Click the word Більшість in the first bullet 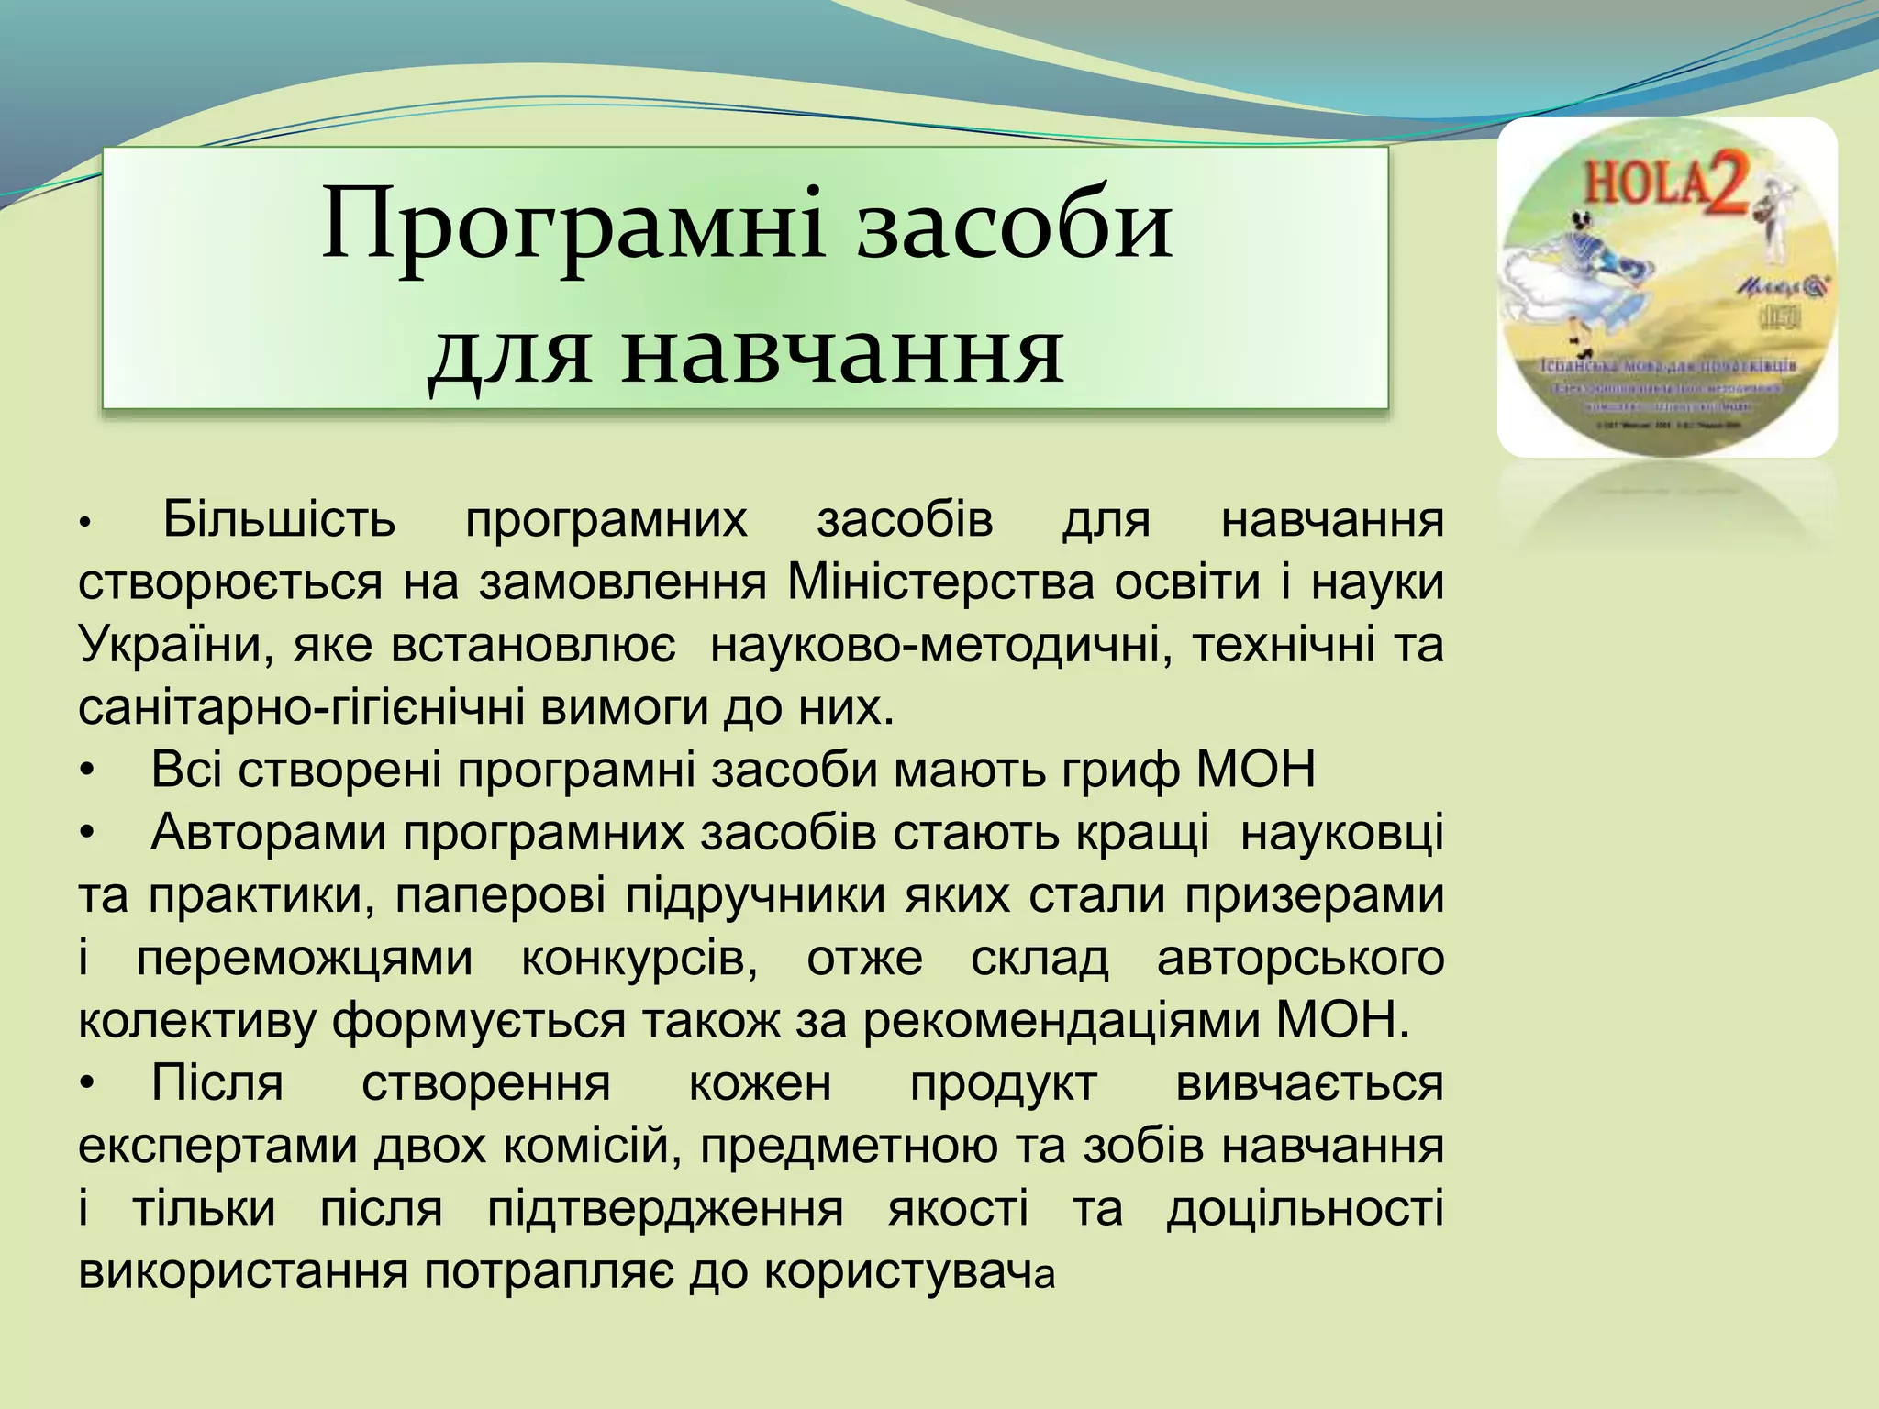(x=279, y=519)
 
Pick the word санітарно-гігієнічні (x=302, y=708)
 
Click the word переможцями (x=305, y=959)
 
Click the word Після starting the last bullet (x=217, y=1083)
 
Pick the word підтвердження (x=664, y=1209)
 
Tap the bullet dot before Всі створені (x=87, y=771)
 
